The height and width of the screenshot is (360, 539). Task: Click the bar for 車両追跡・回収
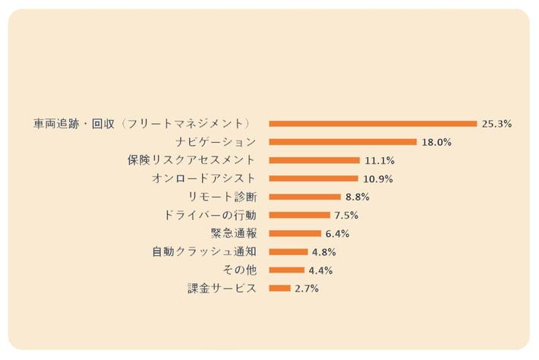373,124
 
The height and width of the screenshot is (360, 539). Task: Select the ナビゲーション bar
343,142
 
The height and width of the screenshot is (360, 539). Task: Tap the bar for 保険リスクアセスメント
314,160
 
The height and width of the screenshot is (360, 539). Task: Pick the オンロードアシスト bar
314,178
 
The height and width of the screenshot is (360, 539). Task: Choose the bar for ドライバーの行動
300,215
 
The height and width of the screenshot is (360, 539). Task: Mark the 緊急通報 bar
295,233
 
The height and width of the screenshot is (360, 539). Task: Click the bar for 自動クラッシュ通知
288,251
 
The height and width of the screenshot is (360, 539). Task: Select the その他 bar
287,270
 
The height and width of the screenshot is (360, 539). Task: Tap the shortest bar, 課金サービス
280,288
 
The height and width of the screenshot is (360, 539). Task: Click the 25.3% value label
496,124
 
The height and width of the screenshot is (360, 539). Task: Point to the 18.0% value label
437,142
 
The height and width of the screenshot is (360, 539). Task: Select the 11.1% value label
379,160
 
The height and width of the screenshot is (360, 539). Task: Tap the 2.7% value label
307,289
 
